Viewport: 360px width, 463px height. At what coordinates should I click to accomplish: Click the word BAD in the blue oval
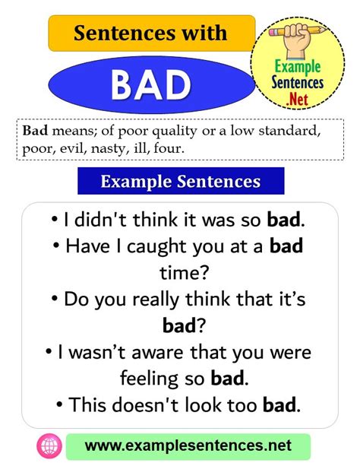tap(151, 85)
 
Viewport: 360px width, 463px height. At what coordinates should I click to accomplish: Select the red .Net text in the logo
tap(298, 99)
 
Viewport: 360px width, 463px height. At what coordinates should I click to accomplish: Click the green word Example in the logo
tap(298, 67)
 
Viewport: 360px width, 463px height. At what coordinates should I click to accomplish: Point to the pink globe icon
tap(49, 446)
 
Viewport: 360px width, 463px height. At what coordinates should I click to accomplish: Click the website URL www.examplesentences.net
tap(188, 446)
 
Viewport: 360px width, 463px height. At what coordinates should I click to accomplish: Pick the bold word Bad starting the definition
tap(35, 130)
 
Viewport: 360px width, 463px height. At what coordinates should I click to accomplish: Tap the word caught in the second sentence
tap(157, 247)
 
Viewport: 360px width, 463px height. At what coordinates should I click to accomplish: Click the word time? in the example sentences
tap(185, 272)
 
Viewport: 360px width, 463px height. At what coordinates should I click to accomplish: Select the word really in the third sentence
tap(156, 300)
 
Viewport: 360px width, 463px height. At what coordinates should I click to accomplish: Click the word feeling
tap(149, 379)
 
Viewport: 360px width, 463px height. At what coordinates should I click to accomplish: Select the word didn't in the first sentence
tap(100, 220)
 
